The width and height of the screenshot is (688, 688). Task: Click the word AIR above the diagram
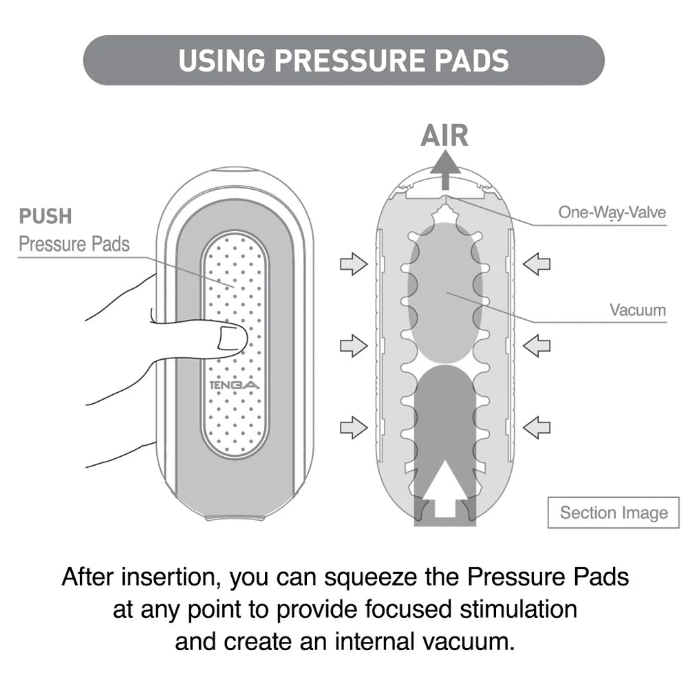(x=444, y=136)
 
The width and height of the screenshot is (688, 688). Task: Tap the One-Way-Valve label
(x=612, y=212)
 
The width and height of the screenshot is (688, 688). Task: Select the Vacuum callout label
(x=638, y=310)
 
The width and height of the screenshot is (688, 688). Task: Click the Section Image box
(x=613, y=513)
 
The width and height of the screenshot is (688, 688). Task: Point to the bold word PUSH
(x=45, y=216)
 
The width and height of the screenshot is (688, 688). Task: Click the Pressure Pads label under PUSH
(x=74, y=244)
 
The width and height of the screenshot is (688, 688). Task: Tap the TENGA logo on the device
(x=234, y=385)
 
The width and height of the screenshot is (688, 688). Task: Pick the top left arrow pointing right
(x=354, y=263)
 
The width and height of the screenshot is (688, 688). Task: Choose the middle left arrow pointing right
(x=354, y=345)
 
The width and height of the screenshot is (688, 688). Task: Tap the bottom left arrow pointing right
(x=354, y=427)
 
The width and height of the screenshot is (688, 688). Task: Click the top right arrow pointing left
(x=537, y=263)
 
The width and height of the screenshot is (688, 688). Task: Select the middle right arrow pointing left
(x=537, y=345)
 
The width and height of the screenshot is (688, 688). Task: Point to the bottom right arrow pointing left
(x=537, y=427)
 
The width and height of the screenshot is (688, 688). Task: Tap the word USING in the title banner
(x=221, y=61)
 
